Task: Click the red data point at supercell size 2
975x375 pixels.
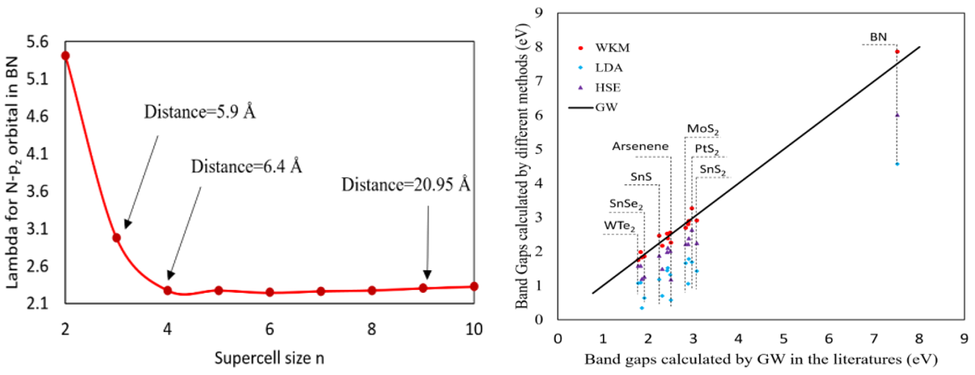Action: [66, 55]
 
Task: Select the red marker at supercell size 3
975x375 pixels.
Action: [116, 237]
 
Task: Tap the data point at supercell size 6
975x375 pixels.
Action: [270, 292]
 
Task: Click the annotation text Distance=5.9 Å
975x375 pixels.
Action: [200, 112]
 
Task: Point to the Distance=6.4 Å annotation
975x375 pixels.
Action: [246, 166]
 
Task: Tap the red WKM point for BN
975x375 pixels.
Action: [897, 52]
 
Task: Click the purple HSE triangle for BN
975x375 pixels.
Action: [897, 114]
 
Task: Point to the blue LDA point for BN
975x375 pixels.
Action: [897, 164]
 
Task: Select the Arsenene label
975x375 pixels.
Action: [639, 147]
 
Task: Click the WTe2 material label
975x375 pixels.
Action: [618, 226]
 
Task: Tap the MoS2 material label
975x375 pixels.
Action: [704, 128]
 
